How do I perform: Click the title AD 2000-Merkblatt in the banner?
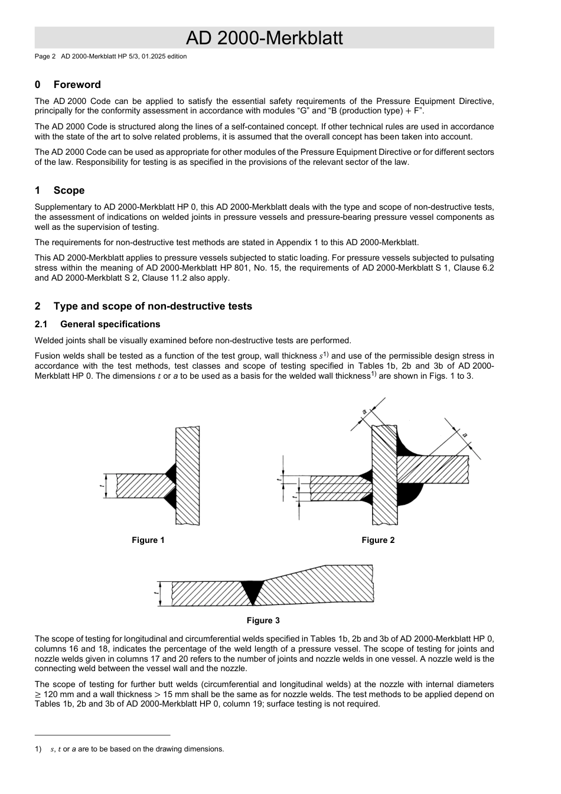pyautogui.click(x=264, y=38)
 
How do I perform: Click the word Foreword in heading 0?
pyautogui.click(x=77, y=84)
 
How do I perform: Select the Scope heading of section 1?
pyautogui.click(x=69, y=190)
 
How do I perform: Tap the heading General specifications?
pyautogui.click(x=110, y=324)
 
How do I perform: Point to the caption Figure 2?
pyautogui.click(x=378, y=540)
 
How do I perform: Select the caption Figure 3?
pyautogui.click(x=263, y=620)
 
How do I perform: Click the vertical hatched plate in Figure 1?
pyautogui.click(x=188, y=476)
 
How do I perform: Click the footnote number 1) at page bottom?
pyautogui.click(x=38, y=749)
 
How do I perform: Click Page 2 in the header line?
pyautogui.click(x=45, y=57)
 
